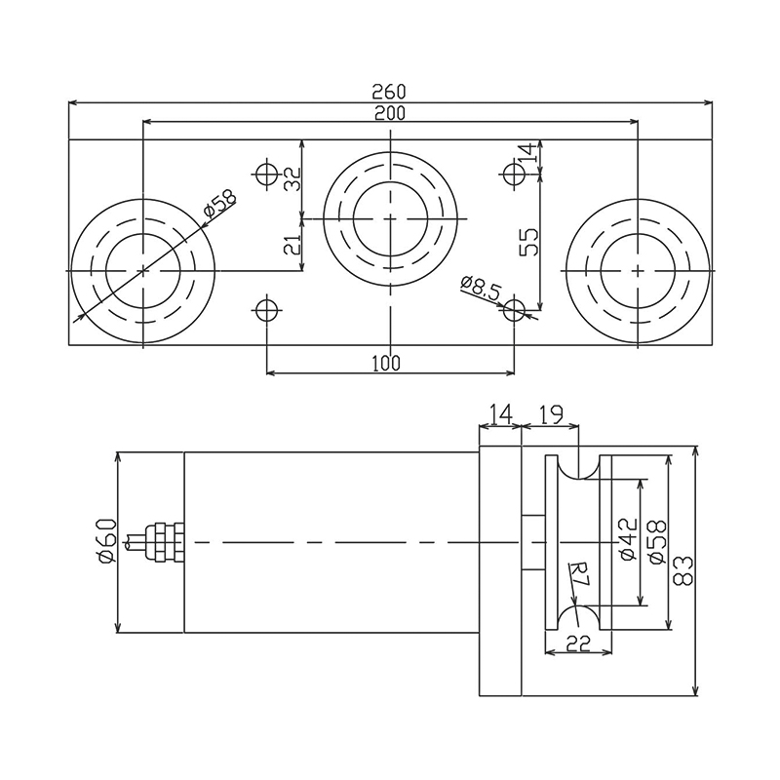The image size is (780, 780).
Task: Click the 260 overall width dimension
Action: [390, 91]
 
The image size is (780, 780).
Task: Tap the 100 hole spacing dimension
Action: [387, 363]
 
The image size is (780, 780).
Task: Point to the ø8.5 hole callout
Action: [480, 289]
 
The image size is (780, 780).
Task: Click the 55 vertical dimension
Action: [528, 239]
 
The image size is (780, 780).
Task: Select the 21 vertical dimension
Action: [292, 244]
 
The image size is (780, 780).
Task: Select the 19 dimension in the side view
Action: [551, 415]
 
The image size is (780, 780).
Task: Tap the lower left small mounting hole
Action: [266, 312]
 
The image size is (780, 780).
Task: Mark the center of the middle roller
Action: [390, 218]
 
